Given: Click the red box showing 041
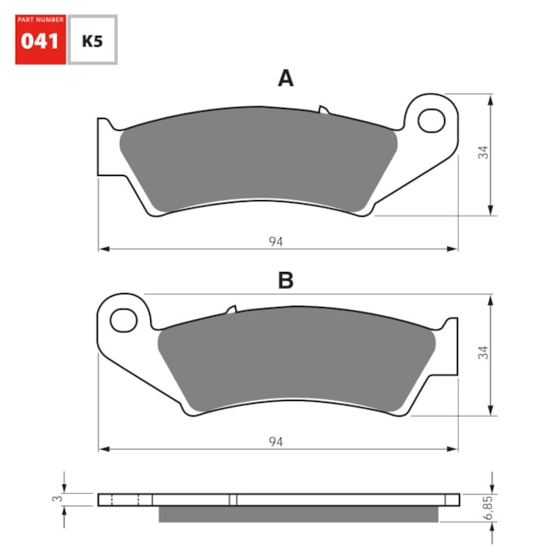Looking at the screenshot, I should click(40, 41).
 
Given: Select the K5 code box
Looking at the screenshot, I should click(92, 41).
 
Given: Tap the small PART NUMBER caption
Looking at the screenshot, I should click(40, 20).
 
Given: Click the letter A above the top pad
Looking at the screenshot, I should click(286, 79).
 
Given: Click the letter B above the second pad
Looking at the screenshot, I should click(286, 281).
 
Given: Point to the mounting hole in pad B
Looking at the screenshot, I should click(122, 320).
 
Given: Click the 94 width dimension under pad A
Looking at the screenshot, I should click(276, 241).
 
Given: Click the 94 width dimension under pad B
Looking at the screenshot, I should click(276, 442).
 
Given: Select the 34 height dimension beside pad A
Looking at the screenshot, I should click(482, 153).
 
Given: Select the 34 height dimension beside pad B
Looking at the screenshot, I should click(482, 353).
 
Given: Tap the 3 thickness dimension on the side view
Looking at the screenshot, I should click(57, 499).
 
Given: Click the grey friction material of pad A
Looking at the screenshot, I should click(258, 157).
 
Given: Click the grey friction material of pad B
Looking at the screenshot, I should click(295, 359).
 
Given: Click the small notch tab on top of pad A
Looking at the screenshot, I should click(324, 110).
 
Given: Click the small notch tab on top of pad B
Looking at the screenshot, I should click(231, 312).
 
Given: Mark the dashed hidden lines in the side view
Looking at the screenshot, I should click(124, 500).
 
